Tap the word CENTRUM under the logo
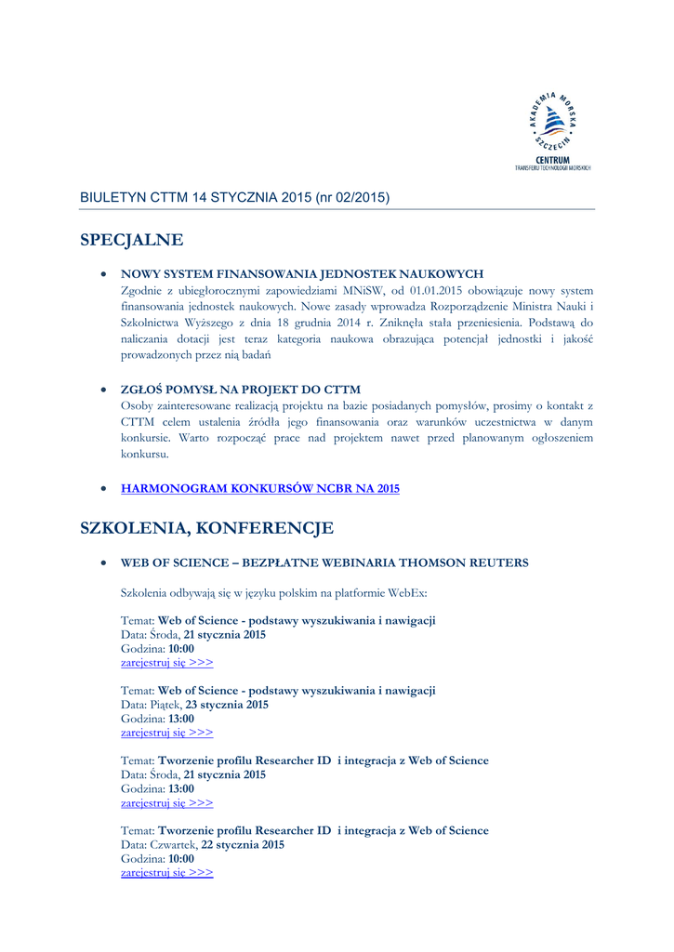click(552, 160)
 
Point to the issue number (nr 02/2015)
click(352, 198)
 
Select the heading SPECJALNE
click(132, 241)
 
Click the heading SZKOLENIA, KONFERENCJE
click(206, 529)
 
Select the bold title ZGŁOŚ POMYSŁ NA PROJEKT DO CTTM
click(241, 390)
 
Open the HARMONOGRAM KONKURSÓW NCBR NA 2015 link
click(260, 489)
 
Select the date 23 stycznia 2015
click(227, 705)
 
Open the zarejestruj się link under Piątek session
click(167, 733)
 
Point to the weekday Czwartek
click(172, 845)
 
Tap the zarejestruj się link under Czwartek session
click(167, 873)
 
